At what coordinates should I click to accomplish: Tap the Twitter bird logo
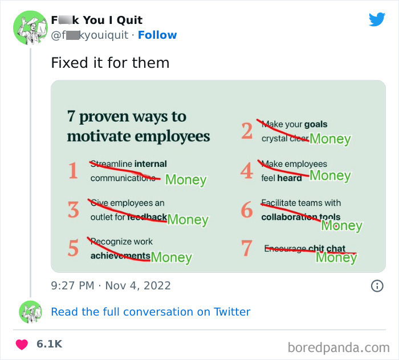[x=377, y=20]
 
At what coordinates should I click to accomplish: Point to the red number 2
[x=246, y=131]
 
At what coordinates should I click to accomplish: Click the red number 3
[x=73, y=210]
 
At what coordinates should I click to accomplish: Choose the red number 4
[x=246, y=171]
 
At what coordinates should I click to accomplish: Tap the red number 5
[x=73, y=248]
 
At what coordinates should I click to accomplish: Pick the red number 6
[x=246, y=210]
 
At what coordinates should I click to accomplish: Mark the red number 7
[x=246, y=248]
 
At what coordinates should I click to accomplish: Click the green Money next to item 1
[x=186, y=180]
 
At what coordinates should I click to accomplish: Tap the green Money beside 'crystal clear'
[x=330, y=138]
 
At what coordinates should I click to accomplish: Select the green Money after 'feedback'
[x=188, y=219]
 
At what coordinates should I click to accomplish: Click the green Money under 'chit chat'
[x=336, y=257]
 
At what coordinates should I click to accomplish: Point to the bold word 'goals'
[x=316, y=124]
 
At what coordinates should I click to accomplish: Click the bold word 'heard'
[x=290, y=178]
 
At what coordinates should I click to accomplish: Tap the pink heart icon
[x=22, y=344]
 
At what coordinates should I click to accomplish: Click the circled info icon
[x=377, y=285]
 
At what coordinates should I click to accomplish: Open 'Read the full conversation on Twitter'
[x=150, y=312]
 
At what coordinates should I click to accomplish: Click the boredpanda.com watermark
[x=339, y=346]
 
